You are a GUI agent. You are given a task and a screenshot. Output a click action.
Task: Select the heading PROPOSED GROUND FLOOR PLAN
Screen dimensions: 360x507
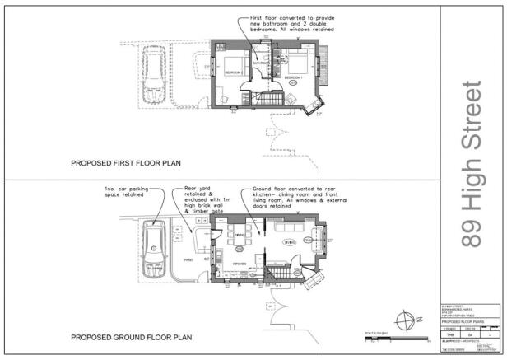[132, 337]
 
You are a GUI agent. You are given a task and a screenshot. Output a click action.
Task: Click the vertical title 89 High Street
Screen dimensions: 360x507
[472, 163]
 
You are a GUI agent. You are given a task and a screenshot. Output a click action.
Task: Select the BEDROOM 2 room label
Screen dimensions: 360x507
[233, 72]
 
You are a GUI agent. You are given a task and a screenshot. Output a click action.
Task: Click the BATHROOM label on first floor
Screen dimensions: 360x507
[262, 63]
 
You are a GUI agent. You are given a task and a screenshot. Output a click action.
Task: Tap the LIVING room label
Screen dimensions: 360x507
[290, 243]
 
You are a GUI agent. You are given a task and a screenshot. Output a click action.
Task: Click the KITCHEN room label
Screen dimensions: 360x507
[240, 264]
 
